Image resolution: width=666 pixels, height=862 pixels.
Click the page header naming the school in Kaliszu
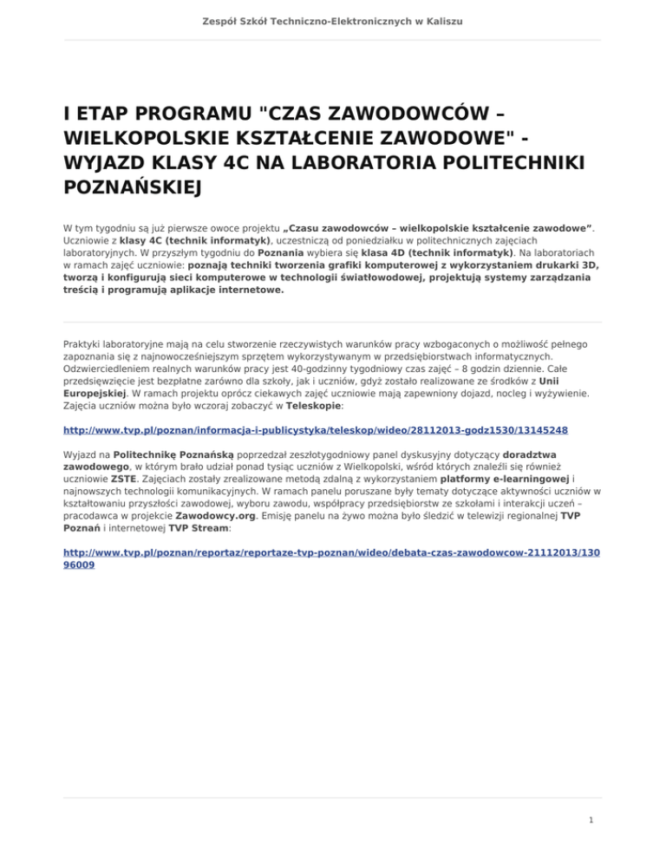click(x=333, y=18)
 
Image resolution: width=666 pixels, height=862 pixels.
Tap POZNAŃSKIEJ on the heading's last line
click(x=135, y=187)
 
